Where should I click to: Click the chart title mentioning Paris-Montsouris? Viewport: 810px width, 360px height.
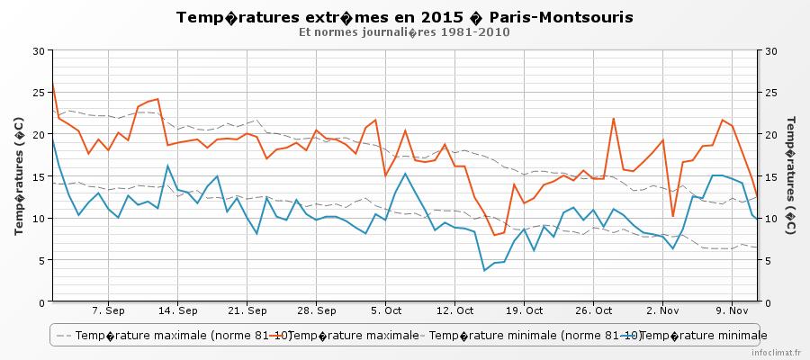[x=404, y=18]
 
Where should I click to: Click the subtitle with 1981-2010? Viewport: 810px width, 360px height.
[x=404, y=32]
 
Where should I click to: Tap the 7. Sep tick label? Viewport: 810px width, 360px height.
[x=108, y=310]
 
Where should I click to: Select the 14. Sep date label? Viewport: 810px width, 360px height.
[x=177, y=310]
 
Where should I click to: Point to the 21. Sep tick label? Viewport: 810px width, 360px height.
[x=247, y=310]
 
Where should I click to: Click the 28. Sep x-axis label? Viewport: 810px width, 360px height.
[x=316, y=310]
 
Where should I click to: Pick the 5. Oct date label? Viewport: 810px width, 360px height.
[x=385, y=310]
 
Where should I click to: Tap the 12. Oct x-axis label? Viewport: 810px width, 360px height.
[x=454, y=310]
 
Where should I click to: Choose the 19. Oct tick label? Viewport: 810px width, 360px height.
[x=524, y=310]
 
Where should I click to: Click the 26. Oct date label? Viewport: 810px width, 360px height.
[x=593, y=310]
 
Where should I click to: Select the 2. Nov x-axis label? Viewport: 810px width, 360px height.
[x=662, y=310]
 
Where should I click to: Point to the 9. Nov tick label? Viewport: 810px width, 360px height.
[x=732, y=310]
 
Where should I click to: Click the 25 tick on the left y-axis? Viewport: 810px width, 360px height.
[x=37, y=93]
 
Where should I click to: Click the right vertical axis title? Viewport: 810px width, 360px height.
[x=791, y=175]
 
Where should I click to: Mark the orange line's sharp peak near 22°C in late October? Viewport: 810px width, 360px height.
[x=614, y=119]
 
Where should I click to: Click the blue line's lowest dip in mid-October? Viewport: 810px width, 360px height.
[x=485, y=270]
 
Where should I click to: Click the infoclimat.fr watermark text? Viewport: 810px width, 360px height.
[x=778, y=353]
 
